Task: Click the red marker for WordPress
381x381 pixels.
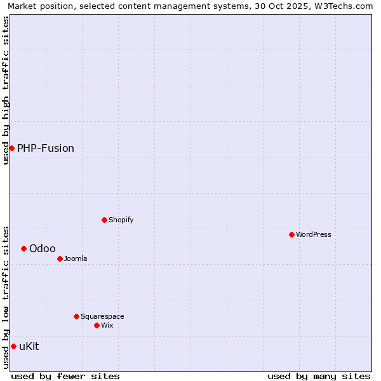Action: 291,234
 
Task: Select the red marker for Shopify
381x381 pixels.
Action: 104,220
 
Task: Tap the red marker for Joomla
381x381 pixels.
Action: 60,258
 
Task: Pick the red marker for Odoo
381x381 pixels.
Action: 23,248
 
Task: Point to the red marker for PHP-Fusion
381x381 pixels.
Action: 11,148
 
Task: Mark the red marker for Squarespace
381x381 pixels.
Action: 76,316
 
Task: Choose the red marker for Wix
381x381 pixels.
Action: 97,325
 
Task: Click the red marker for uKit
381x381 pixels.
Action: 13,346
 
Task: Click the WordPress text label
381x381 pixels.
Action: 314,234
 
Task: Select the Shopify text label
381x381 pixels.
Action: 121,220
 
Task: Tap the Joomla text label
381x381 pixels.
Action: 76,258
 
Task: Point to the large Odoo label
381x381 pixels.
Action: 43,248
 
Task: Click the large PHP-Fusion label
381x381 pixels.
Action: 46,148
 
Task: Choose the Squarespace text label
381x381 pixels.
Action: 102,316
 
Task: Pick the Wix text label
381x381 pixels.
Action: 107,325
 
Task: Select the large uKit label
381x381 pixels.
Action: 29,346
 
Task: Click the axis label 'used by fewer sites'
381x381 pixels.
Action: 65,376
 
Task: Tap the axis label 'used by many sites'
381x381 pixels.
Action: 319,376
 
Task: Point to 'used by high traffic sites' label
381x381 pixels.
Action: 6,90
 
